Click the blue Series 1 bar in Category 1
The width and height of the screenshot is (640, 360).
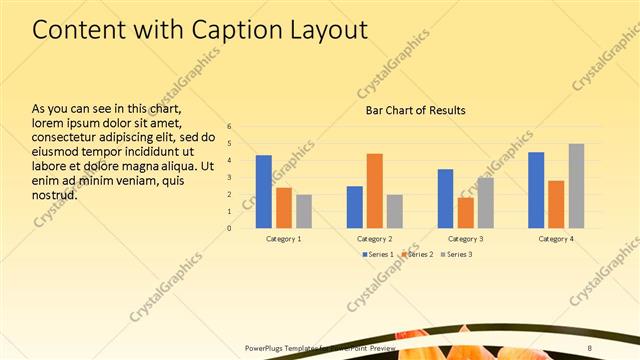click(264, 191)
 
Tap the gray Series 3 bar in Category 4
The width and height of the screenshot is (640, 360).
click(576, 186)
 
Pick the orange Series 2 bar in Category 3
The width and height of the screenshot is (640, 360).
click(465, 212)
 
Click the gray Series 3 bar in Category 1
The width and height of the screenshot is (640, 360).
click(304, 211)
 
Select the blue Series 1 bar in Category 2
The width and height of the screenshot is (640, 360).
click(355, 207)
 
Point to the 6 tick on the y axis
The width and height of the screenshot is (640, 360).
click(229, 127)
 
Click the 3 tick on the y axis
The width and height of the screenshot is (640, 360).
click(229, 177)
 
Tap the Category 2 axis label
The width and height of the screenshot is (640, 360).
click(375, 239)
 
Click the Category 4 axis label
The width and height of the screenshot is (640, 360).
click(556, 239)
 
